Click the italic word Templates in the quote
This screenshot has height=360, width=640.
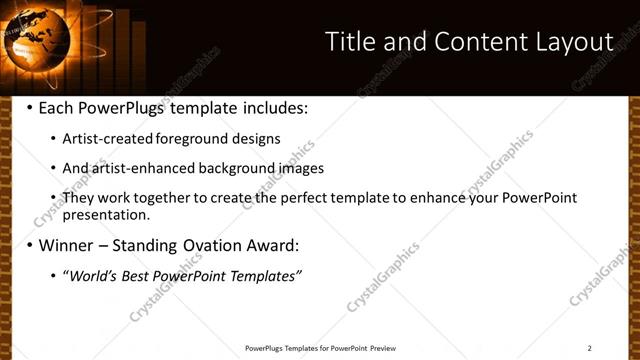pyautogui.click(x=264, y=275)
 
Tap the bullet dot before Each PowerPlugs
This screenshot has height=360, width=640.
pyautogui.click(x=29, y=107)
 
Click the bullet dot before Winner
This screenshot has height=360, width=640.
pyautogui.click(x=29, y=244)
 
